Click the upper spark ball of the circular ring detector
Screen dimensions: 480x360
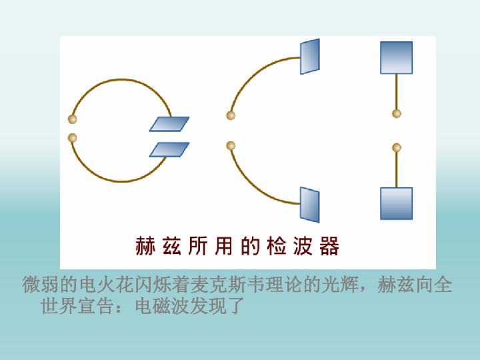(x=72, y=119)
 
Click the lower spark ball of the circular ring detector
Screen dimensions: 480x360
(x=72, y=138)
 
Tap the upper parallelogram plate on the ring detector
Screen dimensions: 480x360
(x=169, y=124)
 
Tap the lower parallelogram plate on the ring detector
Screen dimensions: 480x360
(x=169, y=149)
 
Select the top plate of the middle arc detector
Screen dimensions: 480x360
(x=310, y=56)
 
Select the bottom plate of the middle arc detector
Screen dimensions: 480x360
(x=310, y=205)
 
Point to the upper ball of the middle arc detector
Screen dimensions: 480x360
(x=231, y=115)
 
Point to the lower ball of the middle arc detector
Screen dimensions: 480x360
(x=231, y=146)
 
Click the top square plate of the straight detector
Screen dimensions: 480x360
(x=397, y=57)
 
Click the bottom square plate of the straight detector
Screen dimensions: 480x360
(x=397, y=203)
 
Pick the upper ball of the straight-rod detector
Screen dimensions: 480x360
(x=397, y=113)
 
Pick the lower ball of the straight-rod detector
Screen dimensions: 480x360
(x=397, y=148)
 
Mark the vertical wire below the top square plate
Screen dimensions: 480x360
(x=397, y=92)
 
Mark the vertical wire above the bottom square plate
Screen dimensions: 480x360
(x=397, y=169)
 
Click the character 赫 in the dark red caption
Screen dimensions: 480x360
(x=145, y=246)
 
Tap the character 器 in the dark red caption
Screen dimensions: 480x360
(x=329, y=246)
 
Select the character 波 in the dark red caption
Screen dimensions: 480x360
(x=303, y=246)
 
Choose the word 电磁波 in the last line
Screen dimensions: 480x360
(x=163, y=305)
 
